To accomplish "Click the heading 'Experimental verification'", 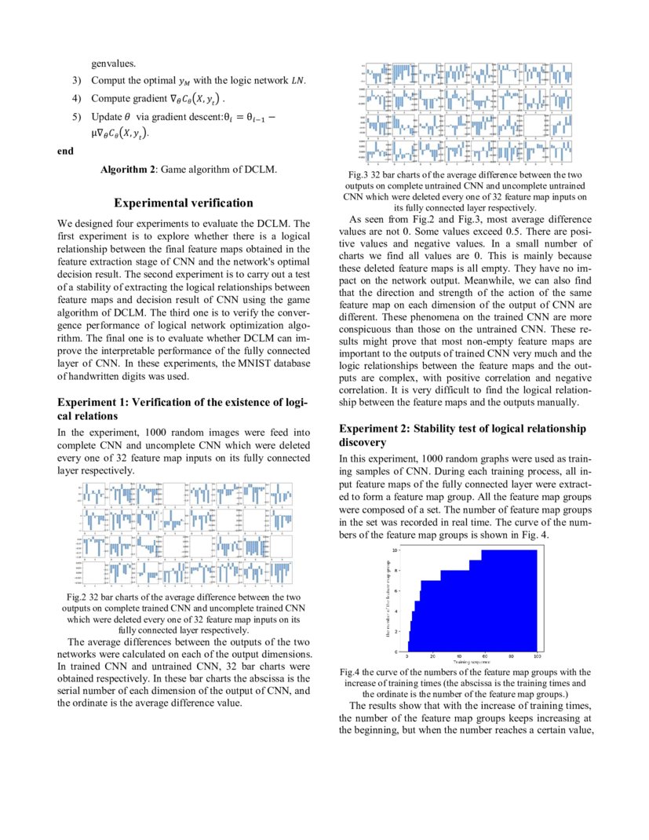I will click(184, 203).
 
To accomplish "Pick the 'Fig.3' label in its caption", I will click(362, 175).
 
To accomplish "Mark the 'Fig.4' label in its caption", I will click(351, 673).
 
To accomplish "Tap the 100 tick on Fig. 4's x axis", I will click(537, 656).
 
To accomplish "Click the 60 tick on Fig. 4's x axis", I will click(484, 656).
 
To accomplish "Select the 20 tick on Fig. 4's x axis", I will click(433, 656).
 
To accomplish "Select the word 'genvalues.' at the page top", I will click(114, 64).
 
